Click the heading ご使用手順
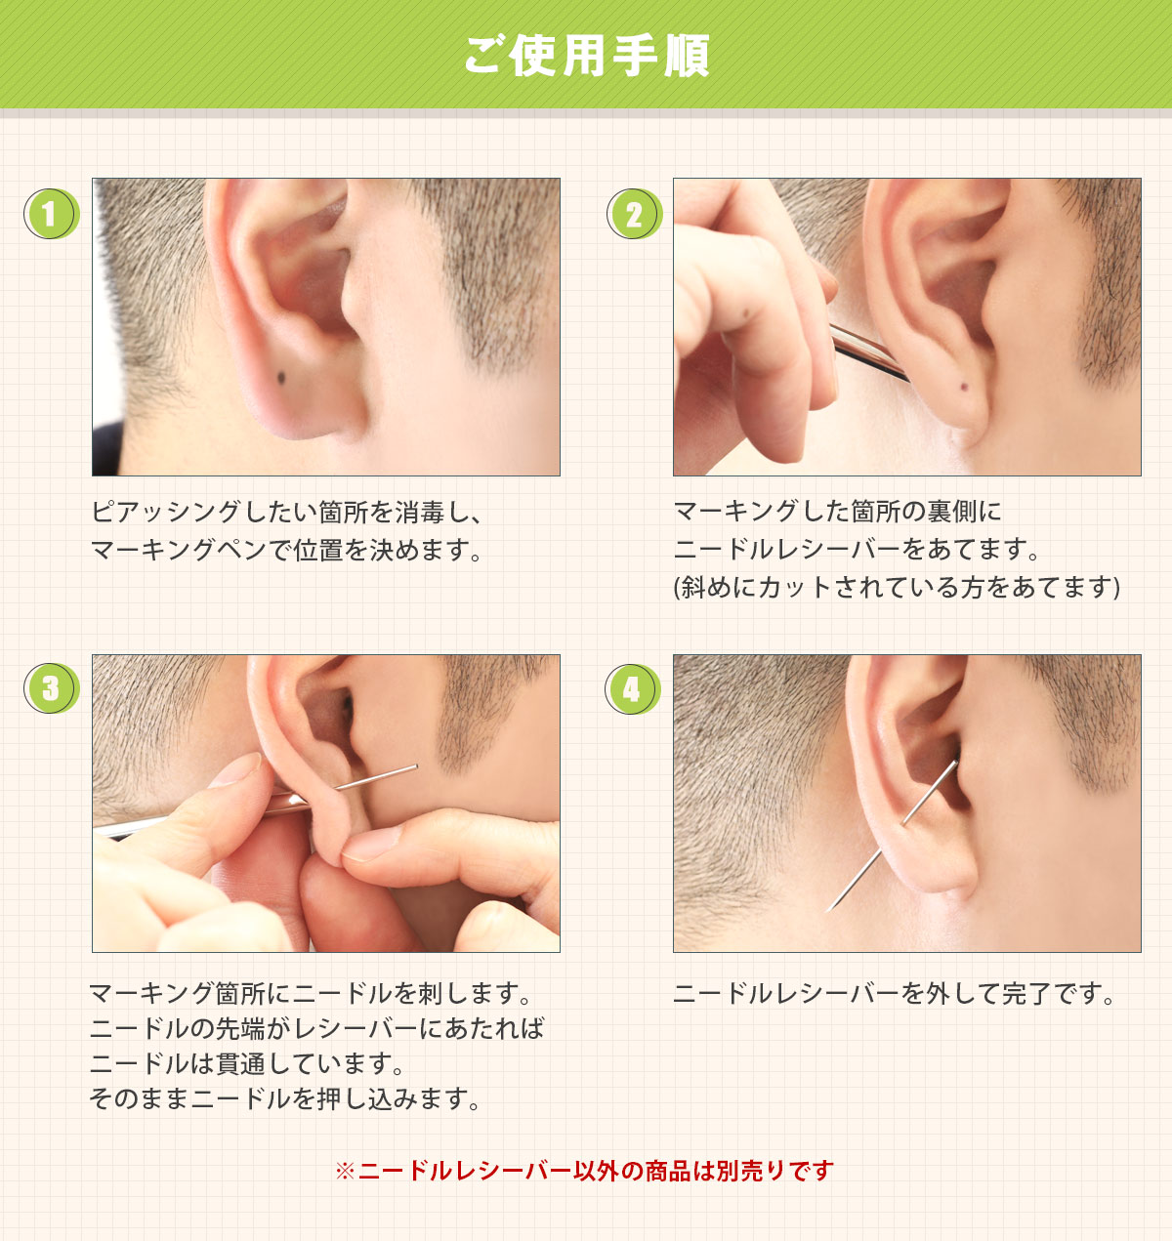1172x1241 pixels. pos(586,56)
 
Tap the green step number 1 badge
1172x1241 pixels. pos(51,214)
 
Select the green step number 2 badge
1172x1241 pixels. pos(635,214)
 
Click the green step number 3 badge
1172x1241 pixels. pos(51,688)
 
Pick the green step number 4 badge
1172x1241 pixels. pos(633,688)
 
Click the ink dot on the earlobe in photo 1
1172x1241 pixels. pos(281,378)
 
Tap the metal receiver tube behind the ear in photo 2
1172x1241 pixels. pos(869,352)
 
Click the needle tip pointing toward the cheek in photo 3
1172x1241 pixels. pos(416,765)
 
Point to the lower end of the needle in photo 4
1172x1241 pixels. pos(828,910)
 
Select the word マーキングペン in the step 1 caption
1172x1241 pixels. pos(179,550)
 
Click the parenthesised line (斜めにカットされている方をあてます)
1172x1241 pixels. pos(897,588)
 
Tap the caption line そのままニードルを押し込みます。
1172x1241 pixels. pos(284,1098)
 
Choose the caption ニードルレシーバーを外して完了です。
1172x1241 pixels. pos(894,993)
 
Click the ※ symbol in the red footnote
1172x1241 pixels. pos(345,1171)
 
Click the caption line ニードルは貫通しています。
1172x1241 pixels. pos(247,1063)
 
